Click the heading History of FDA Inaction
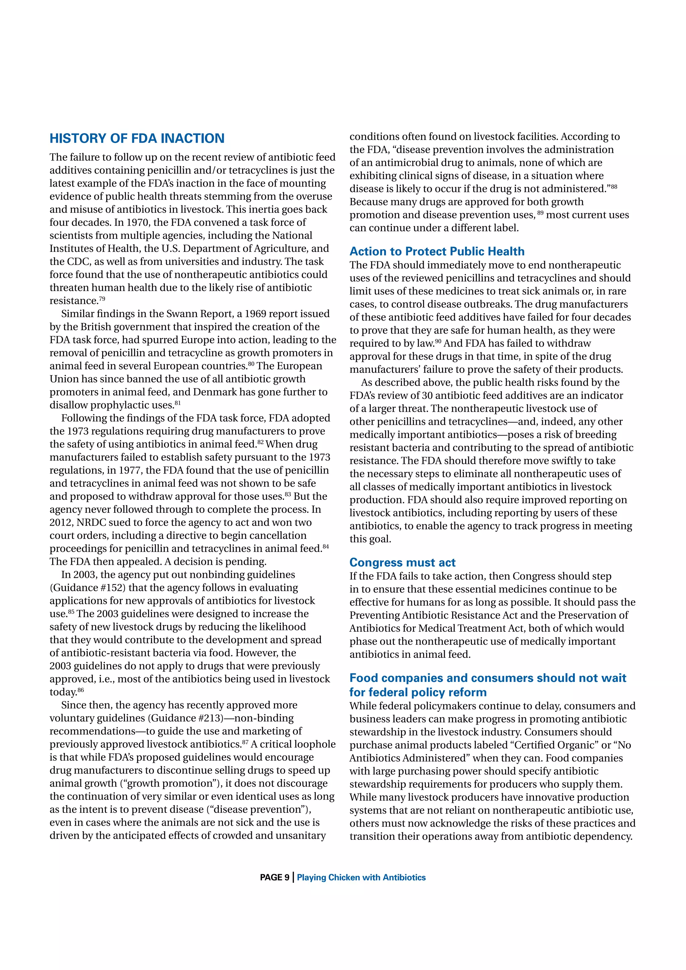[x=137, y=139]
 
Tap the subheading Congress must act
[x=402, y=562]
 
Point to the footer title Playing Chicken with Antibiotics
[x=361, y=878]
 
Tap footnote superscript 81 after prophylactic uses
[x=178, y=403]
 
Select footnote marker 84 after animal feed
[x=326, y=546]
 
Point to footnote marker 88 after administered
[x=614, y=186]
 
